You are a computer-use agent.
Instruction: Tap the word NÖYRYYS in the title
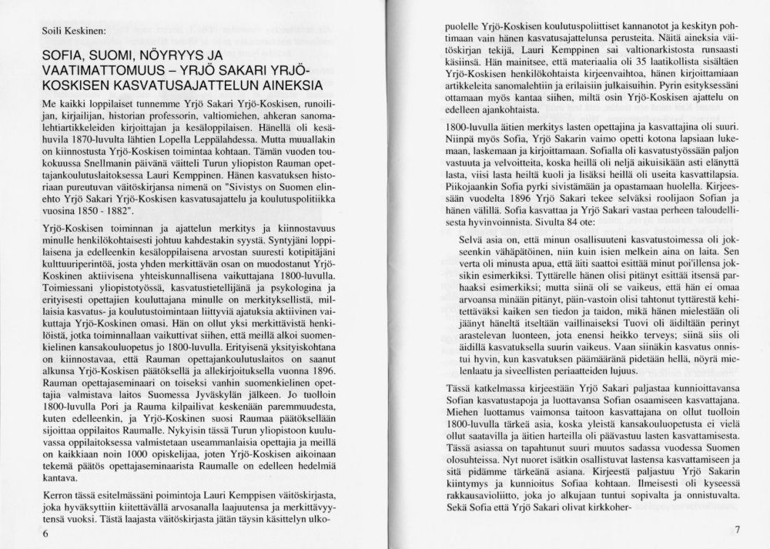(168, 56)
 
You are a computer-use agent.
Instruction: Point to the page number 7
(737, 529)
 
